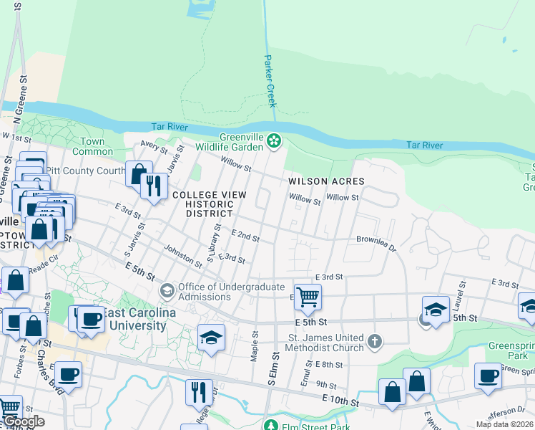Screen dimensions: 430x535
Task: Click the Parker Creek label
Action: (270, 80)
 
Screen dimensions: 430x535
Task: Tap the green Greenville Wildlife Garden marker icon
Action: (274, 141)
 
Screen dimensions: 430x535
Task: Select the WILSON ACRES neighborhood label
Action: (326, 182)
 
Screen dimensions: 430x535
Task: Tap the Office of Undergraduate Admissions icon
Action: (167, 290)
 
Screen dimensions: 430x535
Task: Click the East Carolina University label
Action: (136, 320)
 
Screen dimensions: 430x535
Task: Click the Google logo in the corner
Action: (23, 421)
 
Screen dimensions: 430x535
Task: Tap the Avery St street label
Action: (152, 147)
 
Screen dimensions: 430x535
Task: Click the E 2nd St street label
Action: (245, 235)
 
